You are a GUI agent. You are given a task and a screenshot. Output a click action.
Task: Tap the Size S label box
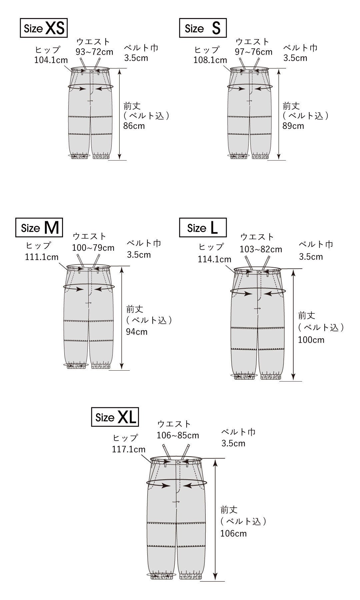click(x=203, y=28)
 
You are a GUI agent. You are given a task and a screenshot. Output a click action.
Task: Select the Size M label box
click(x=39, y=227)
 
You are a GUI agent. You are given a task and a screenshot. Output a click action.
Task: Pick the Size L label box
click(x=203, y=227)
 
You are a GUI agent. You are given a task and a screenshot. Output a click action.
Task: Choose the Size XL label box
click(x=115, y=417)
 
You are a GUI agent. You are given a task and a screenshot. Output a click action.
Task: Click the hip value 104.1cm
click(x=51, y=60)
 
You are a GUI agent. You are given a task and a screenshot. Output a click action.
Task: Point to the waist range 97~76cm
click(x=253, y=52)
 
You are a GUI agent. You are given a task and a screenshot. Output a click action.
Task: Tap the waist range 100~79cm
click(x=93, y=248)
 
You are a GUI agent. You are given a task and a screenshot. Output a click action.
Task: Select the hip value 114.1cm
click(x=215, y=259)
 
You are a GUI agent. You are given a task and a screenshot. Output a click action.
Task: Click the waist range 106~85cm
click(x=178, y=435)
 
